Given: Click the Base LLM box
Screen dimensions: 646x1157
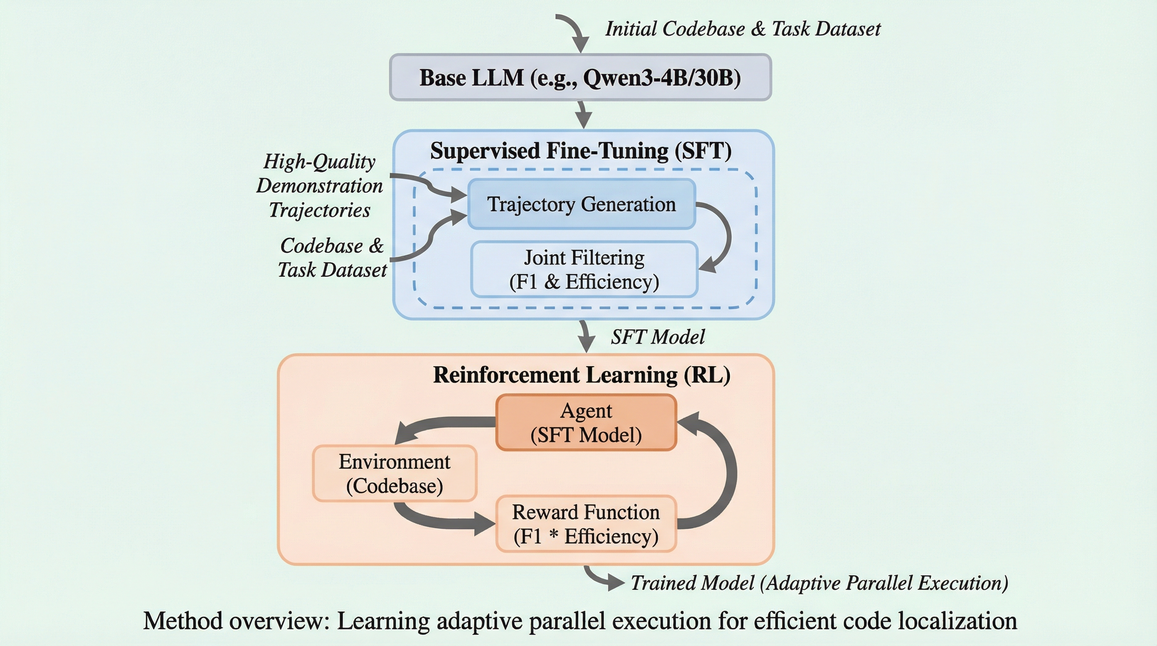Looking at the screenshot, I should point(580,77).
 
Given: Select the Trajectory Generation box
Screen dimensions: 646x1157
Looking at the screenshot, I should point(581,204).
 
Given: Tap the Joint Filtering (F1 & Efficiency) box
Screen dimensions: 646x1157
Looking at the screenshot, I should point(584,270).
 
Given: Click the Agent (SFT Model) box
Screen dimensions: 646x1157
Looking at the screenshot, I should point(586,423).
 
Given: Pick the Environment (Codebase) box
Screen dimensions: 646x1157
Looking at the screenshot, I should point(394,474).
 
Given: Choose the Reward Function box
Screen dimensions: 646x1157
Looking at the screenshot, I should point(586,524).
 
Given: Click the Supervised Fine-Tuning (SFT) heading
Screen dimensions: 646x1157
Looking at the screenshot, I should point(581,151).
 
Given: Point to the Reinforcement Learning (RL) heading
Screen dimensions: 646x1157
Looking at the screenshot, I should point(581,375).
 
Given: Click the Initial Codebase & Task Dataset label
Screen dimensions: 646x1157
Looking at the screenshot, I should point(742,29).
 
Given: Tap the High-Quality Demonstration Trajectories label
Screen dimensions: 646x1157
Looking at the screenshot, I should point(320,185).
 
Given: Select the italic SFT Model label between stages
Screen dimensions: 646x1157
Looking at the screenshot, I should point(658,337).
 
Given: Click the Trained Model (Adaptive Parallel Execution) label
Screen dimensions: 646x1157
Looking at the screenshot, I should point(819,583).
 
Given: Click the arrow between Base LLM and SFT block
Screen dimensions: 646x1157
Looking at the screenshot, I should point(583,115).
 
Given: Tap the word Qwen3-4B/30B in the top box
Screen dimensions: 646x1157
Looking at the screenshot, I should point(662,78).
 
